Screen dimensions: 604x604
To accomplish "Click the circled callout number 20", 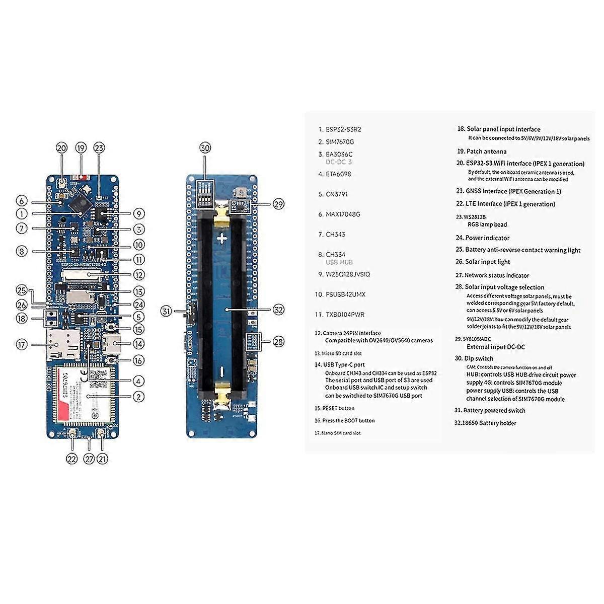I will tap(62, 148).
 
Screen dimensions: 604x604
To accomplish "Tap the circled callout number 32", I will tap(278, 310).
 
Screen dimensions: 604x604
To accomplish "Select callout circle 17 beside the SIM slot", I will tap(22, 345).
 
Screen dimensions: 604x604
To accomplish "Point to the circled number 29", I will tap(278, 204).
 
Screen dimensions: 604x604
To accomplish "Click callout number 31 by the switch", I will tap(167, 311).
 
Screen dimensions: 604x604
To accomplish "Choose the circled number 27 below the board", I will tap(89, 459).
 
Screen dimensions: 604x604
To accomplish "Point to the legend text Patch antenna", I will tap(485, 152).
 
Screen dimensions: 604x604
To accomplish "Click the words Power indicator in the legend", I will tap(487, 238).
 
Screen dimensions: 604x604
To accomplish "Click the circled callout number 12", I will tap(139, 275).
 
